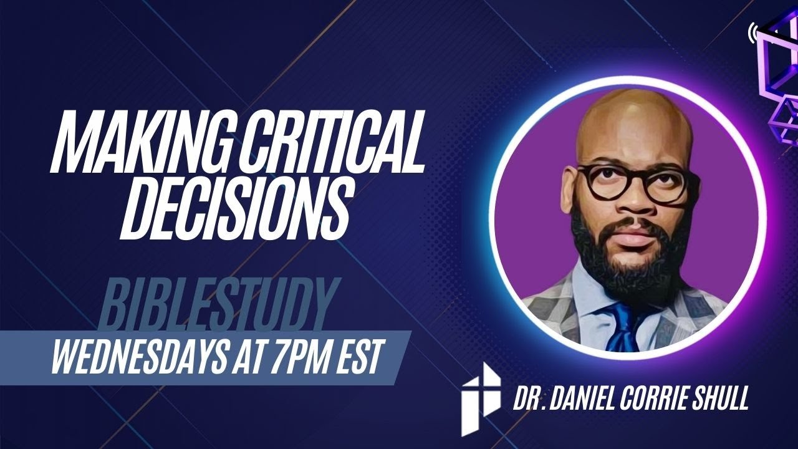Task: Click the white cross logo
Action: (480, 398)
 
